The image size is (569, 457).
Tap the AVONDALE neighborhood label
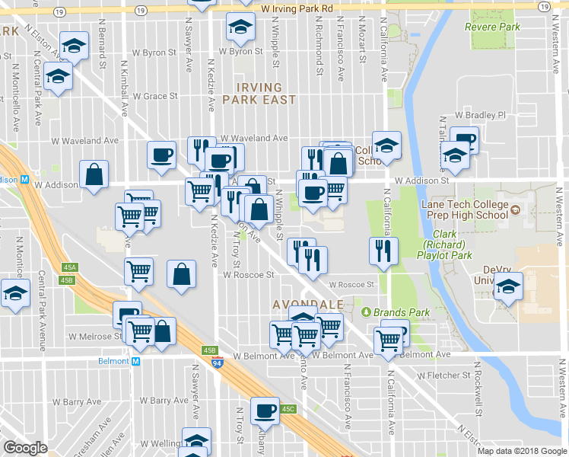pos(307,305)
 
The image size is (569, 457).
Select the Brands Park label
pos(396,312)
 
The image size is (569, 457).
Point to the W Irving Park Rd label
pos(297,8)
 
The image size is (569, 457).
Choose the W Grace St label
pos(155,97)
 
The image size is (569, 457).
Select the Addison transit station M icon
pos(25,181)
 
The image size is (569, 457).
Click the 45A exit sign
pos(70,267)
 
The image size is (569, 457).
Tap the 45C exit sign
pos(288,409)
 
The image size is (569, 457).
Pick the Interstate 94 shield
pos(218,363)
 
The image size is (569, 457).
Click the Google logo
pos(26,448)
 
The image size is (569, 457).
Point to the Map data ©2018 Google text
pos(522,451)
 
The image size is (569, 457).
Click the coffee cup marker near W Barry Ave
pos(265,410)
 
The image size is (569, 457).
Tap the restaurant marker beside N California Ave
pos(383,249)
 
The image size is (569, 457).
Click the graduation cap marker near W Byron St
pos(240,27)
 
